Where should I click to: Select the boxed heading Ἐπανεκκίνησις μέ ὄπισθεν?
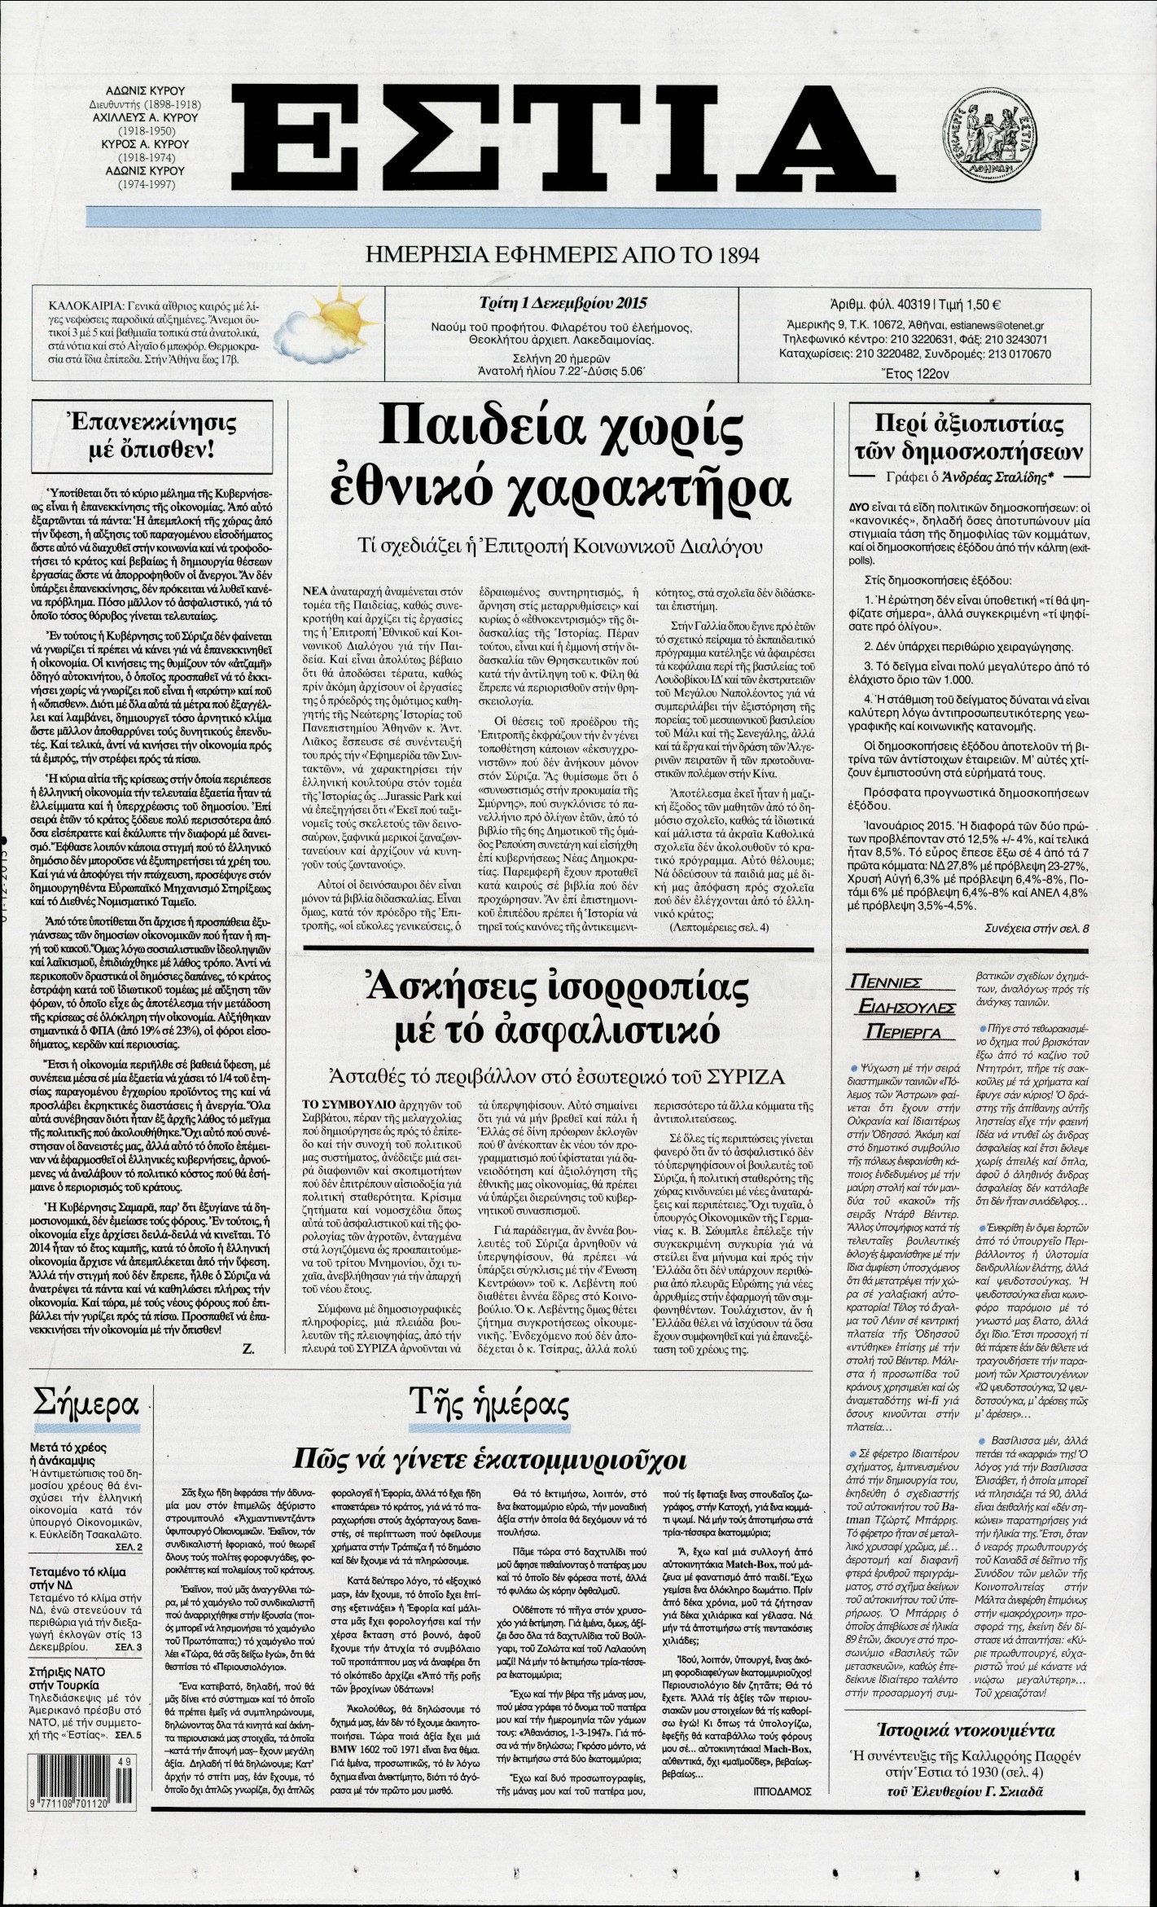point(142,436)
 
